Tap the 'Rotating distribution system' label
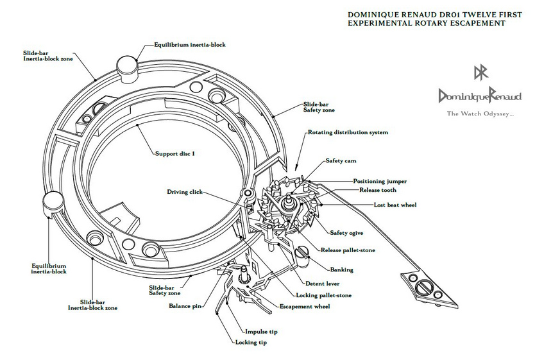pyautogui.click(x=348, y=132)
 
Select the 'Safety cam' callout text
pyautogui.click(x=341, y=160)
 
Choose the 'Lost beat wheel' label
pyautogui.click(x=395, y=205)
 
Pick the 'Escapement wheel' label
pyautogui.click(x=305, y=307)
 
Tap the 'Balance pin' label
pyautogui.click(x=185, y=306)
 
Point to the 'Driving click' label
pyautogui.click(x=185, y=192)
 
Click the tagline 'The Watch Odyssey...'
pyautogui.click(x=480, y=113)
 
